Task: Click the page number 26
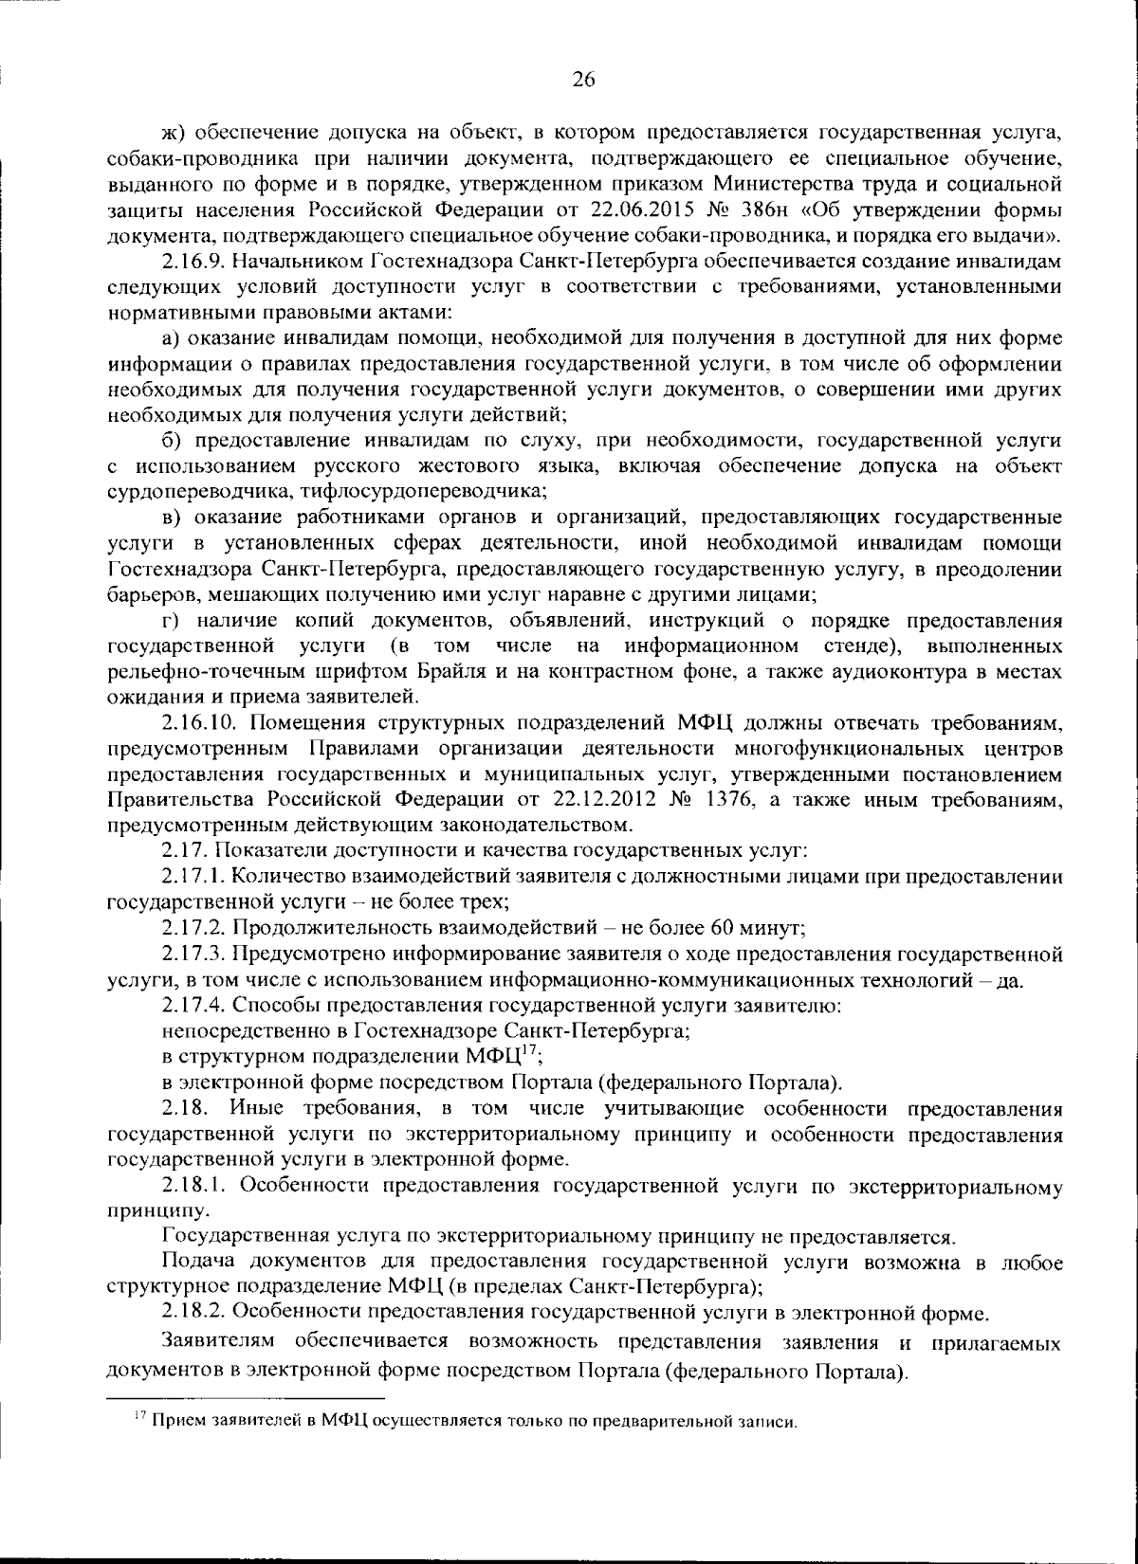(582, 81)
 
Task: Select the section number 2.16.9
(196, 260)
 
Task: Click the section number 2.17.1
(193, 877)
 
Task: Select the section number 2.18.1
(193, 1185)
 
